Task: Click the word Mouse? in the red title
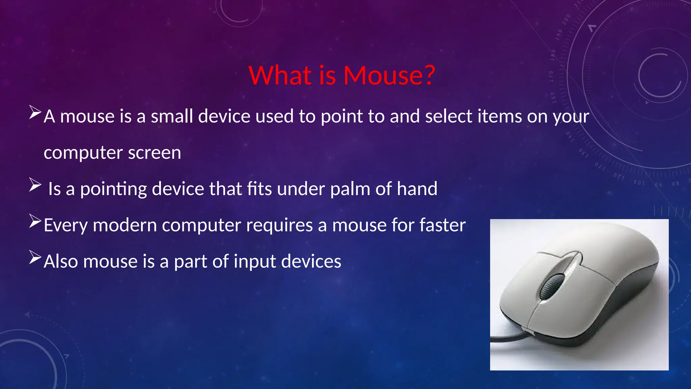(x=389, y=75)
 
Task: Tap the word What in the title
(x=280, y=75)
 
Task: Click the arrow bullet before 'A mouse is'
(x=35, y=112)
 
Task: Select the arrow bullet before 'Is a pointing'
(x=35, y=185)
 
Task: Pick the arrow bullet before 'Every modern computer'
(x=35, y=221)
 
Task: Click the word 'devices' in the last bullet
(x=311, y=262)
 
